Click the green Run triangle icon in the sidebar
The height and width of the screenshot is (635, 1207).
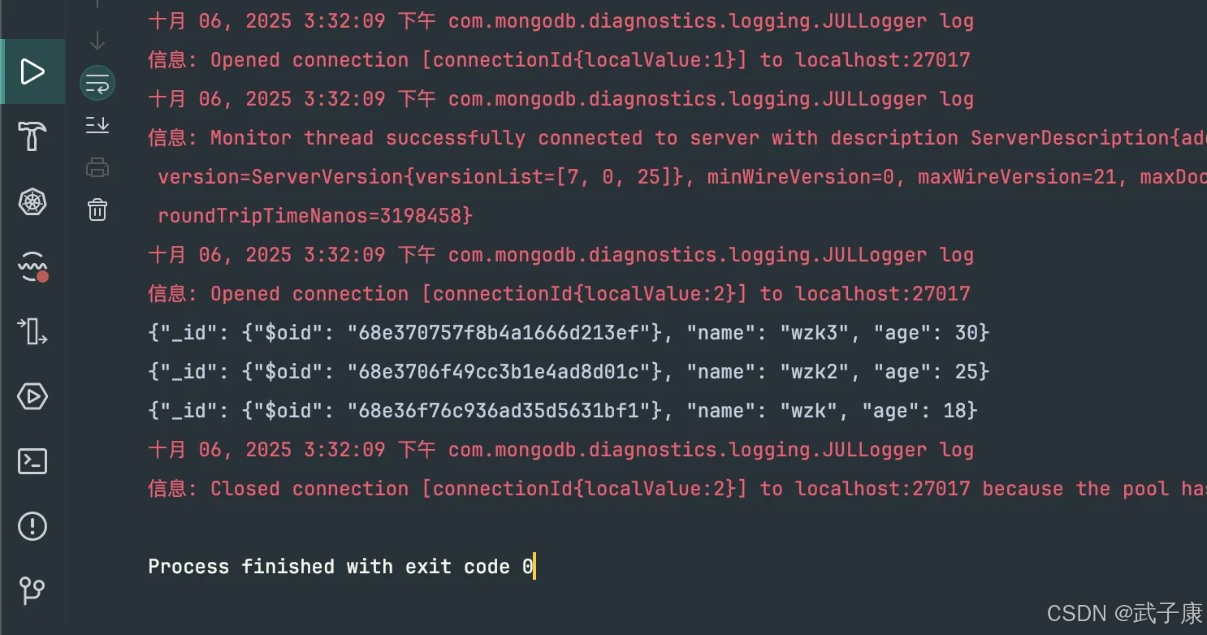(x=32, y=71)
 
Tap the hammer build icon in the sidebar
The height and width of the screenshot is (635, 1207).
(x=32, y=136)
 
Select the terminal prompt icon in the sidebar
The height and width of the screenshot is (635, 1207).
(x=32, y=461)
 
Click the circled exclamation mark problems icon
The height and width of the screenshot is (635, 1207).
(x=32, y=526)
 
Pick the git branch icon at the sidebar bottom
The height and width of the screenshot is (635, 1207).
(x=32, y=590)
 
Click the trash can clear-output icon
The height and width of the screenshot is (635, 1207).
(x=97, y=210)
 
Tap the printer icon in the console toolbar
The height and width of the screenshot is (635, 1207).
(x=97, y=168)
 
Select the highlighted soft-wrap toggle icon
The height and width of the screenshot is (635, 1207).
(x=97, y=84)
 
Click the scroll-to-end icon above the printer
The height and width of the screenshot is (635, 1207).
(x=97, y=125)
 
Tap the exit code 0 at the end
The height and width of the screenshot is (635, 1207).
(x=527, y=567)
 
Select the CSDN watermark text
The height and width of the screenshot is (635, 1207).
(x=1124, y=614)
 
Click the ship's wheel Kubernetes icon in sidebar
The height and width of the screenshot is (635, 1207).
(x=32, y=201)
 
